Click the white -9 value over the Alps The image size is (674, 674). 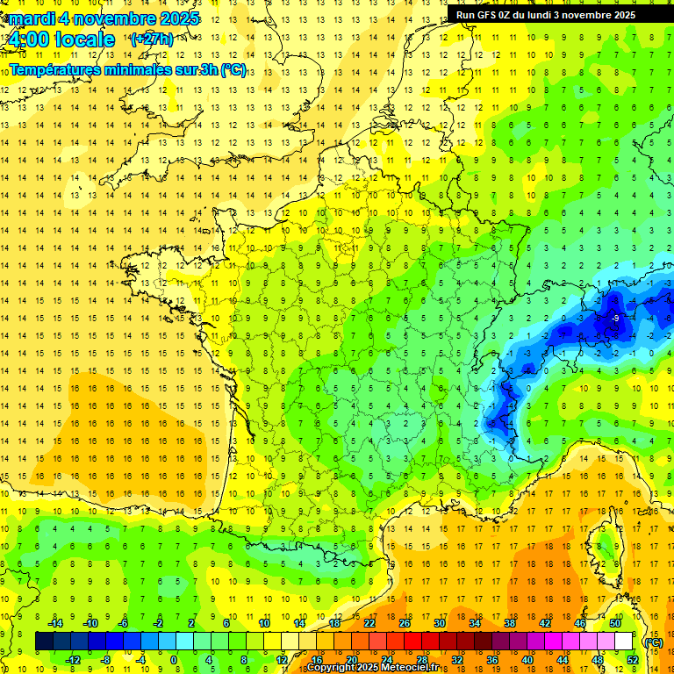click(617, 318)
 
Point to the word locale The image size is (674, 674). click(85, 39)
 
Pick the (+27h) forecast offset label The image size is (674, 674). click(152, 39)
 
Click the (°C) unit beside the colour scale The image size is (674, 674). click(653, 642)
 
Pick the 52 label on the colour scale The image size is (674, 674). click(633, 660)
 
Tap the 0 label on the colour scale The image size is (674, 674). click(174, 660)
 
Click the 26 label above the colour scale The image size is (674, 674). click(405, 623)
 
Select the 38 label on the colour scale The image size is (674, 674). click(510, 623)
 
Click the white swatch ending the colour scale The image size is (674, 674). click(624, 642)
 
